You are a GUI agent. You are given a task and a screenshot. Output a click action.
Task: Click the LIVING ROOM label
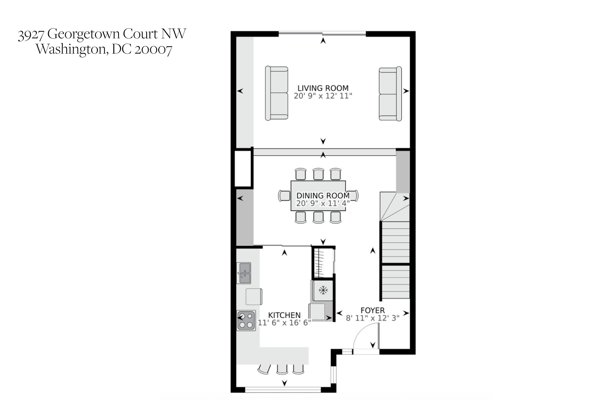[323, 88]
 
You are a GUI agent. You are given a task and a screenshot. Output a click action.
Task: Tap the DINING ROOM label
[323, 196]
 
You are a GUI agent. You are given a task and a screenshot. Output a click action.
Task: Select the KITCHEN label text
[284, 315]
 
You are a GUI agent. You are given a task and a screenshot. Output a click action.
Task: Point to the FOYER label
[372, 310]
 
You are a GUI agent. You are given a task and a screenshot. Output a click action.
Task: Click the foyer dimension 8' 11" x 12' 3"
[372, 318]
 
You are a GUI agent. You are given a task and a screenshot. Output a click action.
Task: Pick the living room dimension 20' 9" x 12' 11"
[323, 96]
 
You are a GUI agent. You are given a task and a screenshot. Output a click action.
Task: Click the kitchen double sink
[244, 273]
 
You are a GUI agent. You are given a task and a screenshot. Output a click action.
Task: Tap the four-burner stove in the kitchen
[246, 321]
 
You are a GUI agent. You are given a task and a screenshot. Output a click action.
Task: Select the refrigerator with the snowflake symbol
[323, 291]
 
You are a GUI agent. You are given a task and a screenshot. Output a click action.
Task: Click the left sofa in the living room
[277, 93]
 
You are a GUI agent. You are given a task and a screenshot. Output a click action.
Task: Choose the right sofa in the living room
[390, 93]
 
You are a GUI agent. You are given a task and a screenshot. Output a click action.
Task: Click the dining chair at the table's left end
[284, 196]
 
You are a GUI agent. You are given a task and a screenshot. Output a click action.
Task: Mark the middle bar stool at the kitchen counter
[282, 369]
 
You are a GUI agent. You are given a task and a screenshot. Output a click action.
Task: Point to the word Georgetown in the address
[84, 34]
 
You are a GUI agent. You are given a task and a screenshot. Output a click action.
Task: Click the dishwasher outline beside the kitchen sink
[253, 296]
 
